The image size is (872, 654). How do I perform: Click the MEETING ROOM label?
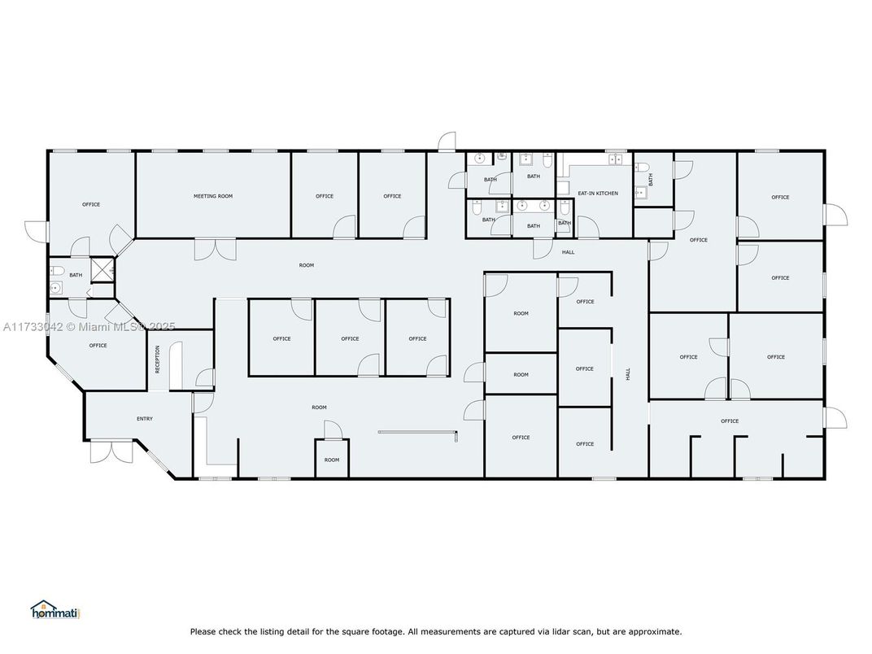[x=213, y=196]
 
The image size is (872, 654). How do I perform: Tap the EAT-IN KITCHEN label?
[x=598, y=194]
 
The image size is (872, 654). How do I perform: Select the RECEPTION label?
[x=158, y=360]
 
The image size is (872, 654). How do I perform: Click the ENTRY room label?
[x=145, y=419]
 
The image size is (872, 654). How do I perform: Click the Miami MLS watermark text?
[x=89, y=327]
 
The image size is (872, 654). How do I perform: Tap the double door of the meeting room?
[x=216, y=249]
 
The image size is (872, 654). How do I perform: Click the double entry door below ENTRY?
[x=112, y=451]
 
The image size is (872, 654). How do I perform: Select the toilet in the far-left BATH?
[x=57, y=271]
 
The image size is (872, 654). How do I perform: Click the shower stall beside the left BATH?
[x=102, y=270]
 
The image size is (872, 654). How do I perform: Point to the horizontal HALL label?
[x=568, y=252]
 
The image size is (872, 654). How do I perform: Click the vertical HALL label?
[x=628, y=375]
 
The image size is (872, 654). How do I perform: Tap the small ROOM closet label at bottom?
[x=332, y=460]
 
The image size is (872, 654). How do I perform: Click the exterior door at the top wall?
[x=446, y=142]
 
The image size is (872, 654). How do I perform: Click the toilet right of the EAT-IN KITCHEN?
[x=643, y=169]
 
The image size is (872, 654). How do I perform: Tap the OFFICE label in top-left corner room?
[x=91, y=204]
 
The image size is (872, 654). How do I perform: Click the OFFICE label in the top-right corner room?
[x=780, y=198]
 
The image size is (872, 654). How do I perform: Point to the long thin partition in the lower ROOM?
[x=420, y=431]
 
